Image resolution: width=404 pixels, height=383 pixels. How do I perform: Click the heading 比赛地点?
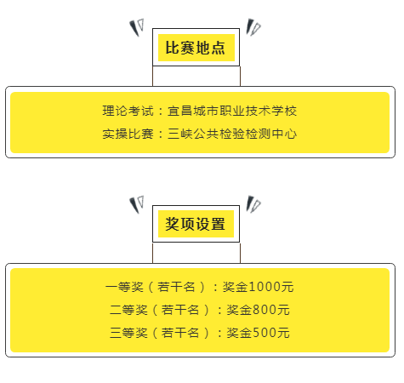point(196,48)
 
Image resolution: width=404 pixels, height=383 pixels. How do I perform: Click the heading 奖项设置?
point(196,224)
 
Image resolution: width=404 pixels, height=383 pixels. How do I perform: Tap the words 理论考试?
point(128,111)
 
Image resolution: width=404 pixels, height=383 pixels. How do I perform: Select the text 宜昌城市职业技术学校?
point(232,111)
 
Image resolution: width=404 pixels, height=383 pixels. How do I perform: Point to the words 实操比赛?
point(128,134)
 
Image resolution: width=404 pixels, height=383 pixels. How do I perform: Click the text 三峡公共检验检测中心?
point(232,134)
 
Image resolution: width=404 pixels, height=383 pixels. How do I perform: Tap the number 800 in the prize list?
point(265,310)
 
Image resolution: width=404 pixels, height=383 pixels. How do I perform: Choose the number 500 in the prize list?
point(265,333)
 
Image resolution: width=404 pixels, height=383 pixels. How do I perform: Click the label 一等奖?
point(124,287)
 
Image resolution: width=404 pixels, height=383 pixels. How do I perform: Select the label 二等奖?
point(128,310)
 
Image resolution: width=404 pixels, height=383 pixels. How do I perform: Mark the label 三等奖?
point(128,333)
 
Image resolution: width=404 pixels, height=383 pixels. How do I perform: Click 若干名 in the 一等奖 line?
point(176,287)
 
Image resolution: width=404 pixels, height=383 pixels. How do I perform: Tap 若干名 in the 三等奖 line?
point(180,333)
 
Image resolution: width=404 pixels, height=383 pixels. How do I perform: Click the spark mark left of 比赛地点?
point(137,27)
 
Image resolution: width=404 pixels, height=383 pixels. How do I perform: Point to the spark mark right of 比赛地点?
point(253,27)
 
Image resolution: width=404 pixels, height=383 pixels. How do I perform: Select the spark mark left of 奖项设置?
point(137,204)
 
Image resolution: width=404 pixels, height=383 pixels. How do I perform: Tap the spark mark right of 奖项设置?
point(253,204)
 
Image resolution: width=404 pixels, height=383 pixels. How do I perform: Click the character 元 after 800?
point(283,310)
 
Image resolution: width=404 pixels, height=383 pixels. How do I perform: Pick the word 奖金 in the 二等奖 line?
point(239,310)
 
